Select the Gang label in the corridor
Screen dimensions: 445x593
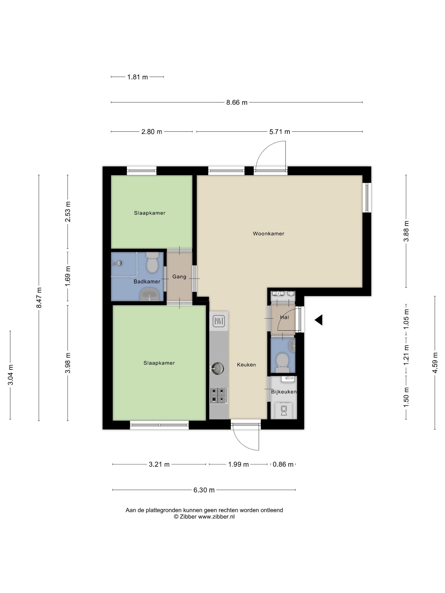[x=179, y=277]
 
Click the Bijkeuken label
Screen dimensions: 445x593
[x=284, y=392]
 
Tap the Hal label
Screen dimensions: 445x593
[x=284, y=317]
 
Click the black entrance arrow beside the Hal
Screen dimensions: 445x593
[x=319, y=320]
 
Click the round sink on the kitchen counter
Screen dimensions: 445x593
[x=217, y=368]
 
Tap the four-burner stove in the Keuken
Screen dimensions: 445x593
[x=219, y=395]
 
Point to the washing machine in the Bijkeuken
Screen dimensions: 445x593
[x=284, y=410]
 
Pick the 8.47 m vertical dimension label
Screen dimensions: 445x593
[x=39, y=298]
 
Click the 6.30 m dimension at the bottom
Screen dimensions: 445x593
[x=204, y=490]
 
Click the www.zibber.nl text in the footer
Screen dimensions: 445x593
[x=216, y=517]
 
